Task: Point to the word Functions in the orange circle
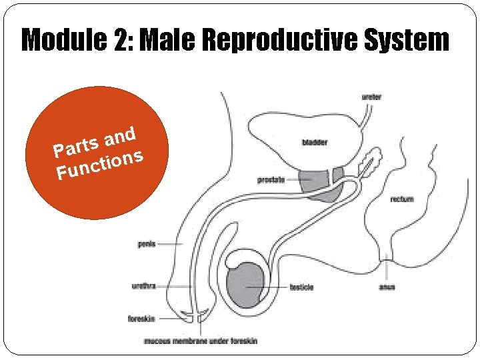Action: [x=100, y=165]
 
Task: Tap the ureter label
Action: [x=371, y=97]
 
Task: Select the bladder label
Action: [x=315, y=142]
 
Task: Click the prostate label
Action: [x=271, y=179]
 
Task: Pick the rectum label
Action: [x=402, y=199]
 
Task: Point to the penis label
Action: [x=147, y=244]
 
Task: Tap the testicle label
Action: [x=301, y=287]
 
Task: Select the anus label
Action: [x=387, y=287]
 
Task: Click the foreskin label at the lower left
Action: [x=143, y=319]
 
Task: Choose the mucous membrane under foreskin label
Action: [x=201, y=341]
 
